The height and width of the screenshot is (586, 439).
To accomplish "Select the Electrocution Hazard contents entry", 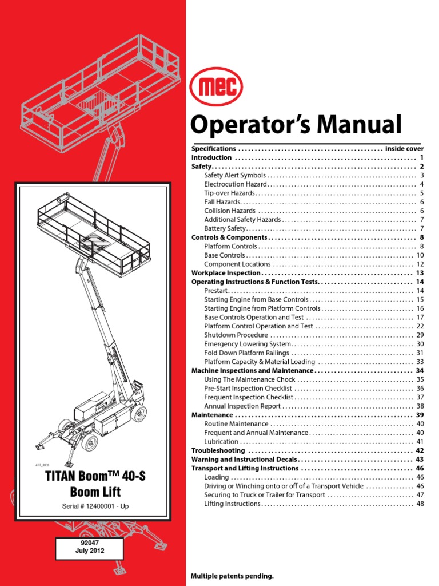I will (236, 184).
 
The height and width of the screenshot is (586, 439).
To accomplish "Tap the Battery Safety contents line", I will (229, 228).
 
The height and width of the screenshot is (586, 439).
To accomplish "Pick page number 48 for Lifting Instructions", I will (420, 504).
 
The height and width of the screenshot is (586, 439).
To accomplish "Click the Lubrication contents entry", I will (221, 442).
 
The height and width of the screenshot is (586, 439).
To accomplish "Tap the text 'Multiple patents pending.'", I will (232, 575).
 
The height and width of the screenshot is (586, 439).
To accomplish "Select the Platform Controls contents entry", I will (230, 246).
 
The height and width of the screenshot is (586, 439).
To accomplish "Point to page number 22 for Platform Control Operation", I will (419, 326).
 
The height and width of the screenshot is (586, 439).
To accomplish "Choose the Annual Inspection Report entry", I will (243, 406).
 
